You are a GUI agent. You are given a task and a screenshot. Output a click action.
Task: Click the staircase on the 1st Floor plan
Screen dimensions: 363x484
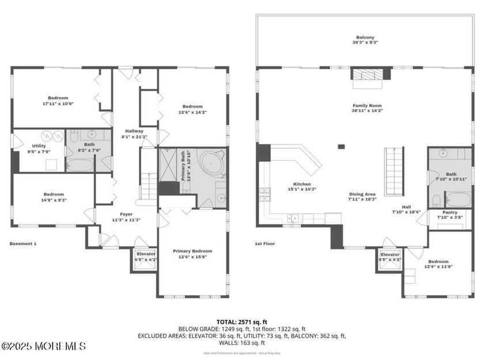pyautogui.click(x=395, y=171)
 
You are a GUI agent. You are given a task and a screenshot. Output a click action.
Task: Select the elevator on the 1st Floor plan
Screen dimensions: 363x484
pyautogui.click(x=390, y=256)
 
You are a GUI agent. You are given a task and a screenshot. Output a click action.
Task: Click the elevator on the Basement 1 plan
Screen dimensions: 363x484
pyautogui.click(x=145, y=256)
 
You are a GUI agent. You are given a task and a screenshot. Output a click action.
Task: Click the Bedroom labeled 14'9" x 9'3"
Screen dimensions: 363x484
pyautogui.click(x=54, y=197)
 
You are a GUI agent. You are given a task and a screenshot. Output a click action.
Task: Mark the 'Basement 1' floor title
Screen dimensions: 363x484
pyautogui.click(x=23, y=244)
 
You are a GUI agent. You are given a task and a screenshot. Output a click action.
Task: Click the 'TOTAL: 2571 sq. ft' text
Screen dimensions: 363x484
pyautogui.click(x=242, y=322)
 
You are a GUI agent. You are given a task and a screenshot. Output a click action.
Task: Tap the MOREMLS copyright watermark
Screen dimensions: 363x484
pyautogui.click(x=44, y=346)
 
